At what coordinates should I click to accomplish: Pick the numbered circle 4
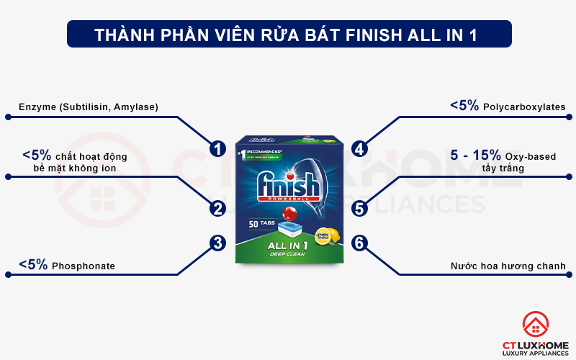pyautogui.click(x=360, y=149)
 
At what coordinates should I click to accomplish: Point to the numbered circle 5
pyautogui.click(x=360, y=209)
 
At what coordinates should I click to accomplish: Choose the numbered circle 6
pyautogui.click(x=360, y=243)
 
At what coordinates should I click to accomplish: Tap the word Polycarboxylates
pyautogui.click(x=525, y=107)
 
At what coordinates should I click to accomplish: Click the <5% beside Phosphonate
pyautogui.click(x=33, y=265)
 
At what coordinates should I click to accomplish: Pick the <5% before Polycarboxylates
pyautogui.click(x=464, y=106)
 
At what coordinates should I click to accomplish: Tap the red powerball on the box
pyautogui.click(x=291, y=214)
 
